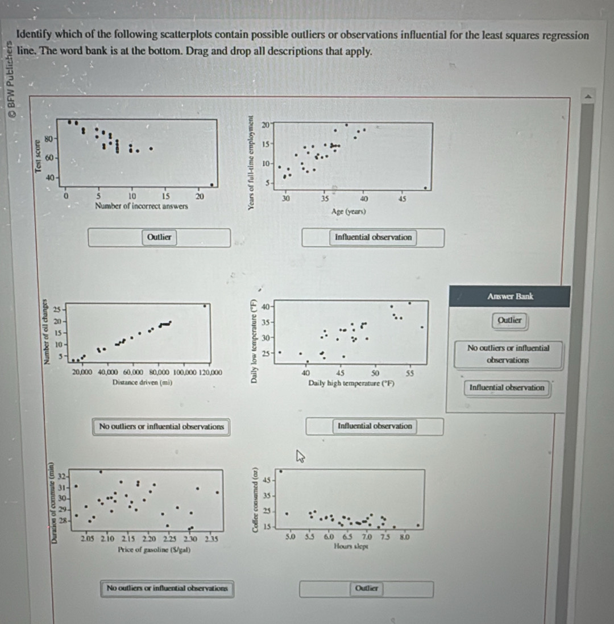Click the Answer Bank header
click(x=509, y=296)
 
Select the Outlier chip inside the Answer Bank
click(x=509, y=320)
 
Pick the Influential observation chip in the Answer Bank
click(x=507, y=388)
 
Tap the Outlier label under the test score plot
click(x=159, y=237)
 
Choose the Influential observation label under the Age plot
click(x=373, y=237)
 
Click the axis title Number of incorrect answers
click(x=142, y=206)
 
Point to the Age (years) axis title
click(x=349, y=212)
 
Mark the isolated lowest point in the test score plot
click(x=212, y=184)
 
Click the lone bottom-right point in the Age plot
click(x=425, y=188)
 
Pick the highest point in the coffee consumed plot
click(x=281, y=472)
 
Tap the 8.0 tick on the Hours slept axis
click(x=404, y=536)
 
